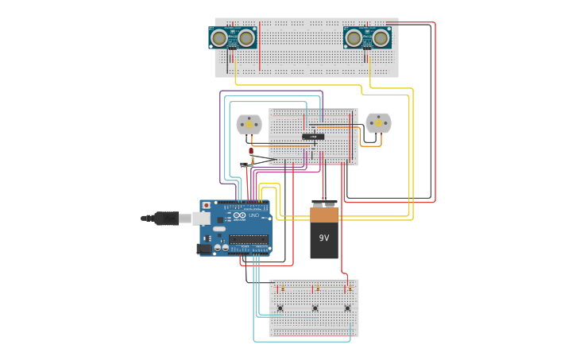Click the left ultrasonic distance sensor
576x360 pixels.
pyautogui.click(x=232, y=38)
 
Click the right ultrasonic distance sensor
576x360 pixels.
pyautogui.click(x=367, y=38)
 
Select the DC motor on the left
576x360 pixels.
pyautogui.click(x=249, y=124)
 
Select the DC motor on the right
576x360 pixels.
pyautogui.click(x=378, y=122)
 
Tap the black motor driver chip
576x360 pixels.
pyautogui.click(x=313, y=137)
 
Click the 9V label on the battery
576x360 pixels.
pyautogui.click(x=324, y=238)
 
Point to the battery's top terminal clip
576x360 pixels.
pyautogui.click(x=324, y=204)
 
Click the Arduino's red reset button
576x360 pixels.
pyautogui.click(x=207, y=205)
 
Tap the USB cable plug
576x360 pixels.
pyautogui.click(x=166, y=218)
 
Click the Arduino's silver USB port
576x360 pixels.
pyautogui.click(x=202, y=218)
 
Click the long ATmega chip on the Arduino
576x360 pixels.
pyautogui.click(x=248, y=238)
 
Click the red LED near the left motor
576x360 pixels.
pyautogui.click(x=251, y=150)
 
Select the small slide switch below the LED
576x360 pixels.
pyautogui.click(x=244, y=165)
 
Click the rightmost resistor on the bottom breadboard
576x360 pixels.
pyautogui.click(x=350, y=288)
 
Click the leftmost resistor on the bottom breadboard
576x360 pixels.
pyautogui.click(x=282, y=288)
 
